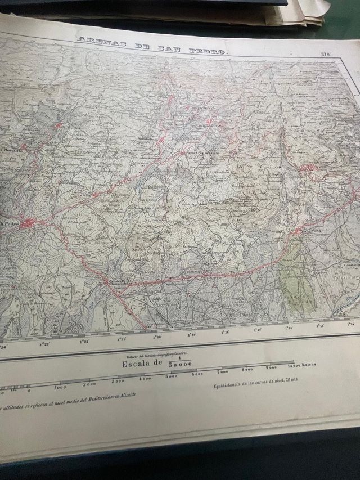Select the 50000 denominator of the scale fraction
point(181,366)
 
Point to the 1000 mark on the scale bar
point(60,387)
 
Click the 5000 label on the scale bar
point(171,376)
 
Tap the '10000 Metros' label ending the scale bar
point(301,365)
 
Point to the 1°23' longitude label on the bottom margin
point(44,343)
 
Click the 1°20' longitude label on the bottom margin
point(157,337)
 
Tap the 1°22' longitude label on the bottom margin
point(85,341)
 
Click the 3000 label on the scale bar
point(118,381)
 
